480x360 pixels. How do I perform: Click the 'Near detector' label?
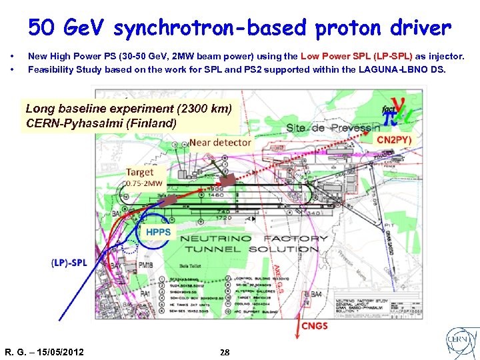coord(220,142)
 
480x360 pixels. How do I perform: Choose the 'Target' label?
coord(139,171)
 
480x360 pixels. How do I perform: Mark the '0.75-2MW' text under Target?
coord(143,183)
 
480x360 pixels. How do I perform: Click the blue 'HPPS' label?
coord(158,233)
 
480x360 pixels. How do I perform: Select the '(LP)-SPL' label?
coord(69,262)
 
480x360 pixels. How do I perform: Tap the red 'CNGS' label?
coord(315,326)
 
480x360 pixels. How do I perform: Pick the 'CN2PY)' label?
coord(394,140)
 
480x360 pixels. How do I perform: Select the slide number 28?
coord(225,351)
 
